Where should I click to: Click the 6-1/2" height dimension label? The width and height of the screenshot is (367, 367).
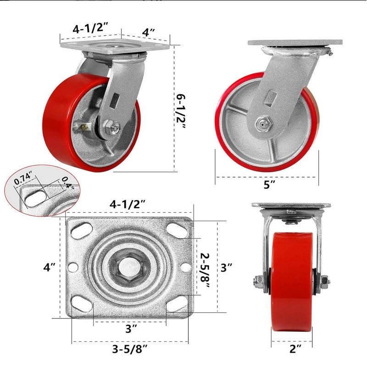(181, 112)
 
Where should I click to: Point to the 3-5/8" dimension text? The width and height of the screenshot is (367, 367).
(130, 350)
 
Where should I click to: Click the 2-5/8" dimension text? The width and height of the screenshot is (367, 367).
(205, 270)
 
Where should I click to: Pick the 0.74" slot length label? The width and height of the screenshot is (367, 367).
(23, 178)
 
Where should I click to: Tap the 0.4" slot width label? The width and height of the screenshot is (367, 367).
(68, 183)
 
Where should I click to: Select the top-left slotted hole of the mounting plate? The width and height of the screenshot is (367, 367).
(82, 231)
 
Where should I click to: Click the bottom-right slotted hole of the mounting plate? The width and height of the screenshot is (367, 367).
(177, 304)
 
